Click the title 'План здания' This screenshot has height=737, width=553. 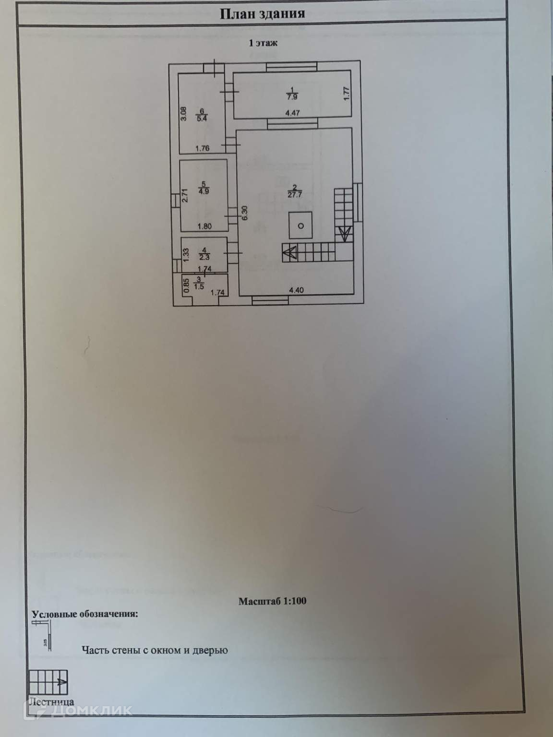coord(262,13)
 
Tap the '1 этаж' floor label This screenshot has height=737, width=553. coord(263,43)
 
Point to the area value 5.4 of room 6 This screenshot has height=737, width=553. coord(202,119)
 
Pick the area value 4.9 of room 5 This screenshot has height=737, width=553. coord(204,191)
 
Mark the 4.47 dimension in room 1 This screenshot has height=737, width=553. coord(293,114)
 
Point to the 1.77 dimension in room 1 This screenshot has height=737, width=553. coord(347,93)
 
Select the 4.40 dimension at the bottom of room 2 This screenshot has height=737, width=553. coord(297,290)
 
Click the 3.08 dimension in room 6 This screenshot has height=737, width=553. coord(183,113)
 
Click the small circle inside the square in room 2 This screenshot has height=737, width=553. coord(301,226)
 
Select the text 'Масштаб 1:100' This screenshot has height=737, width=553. coord(272,601)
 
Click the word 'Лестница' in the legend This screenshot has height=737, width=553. coord(51,702)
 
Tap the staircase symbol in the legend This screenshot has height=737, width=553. coord(48,681)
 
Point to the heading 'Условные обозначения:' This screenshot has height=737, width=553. coord(84,614)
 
